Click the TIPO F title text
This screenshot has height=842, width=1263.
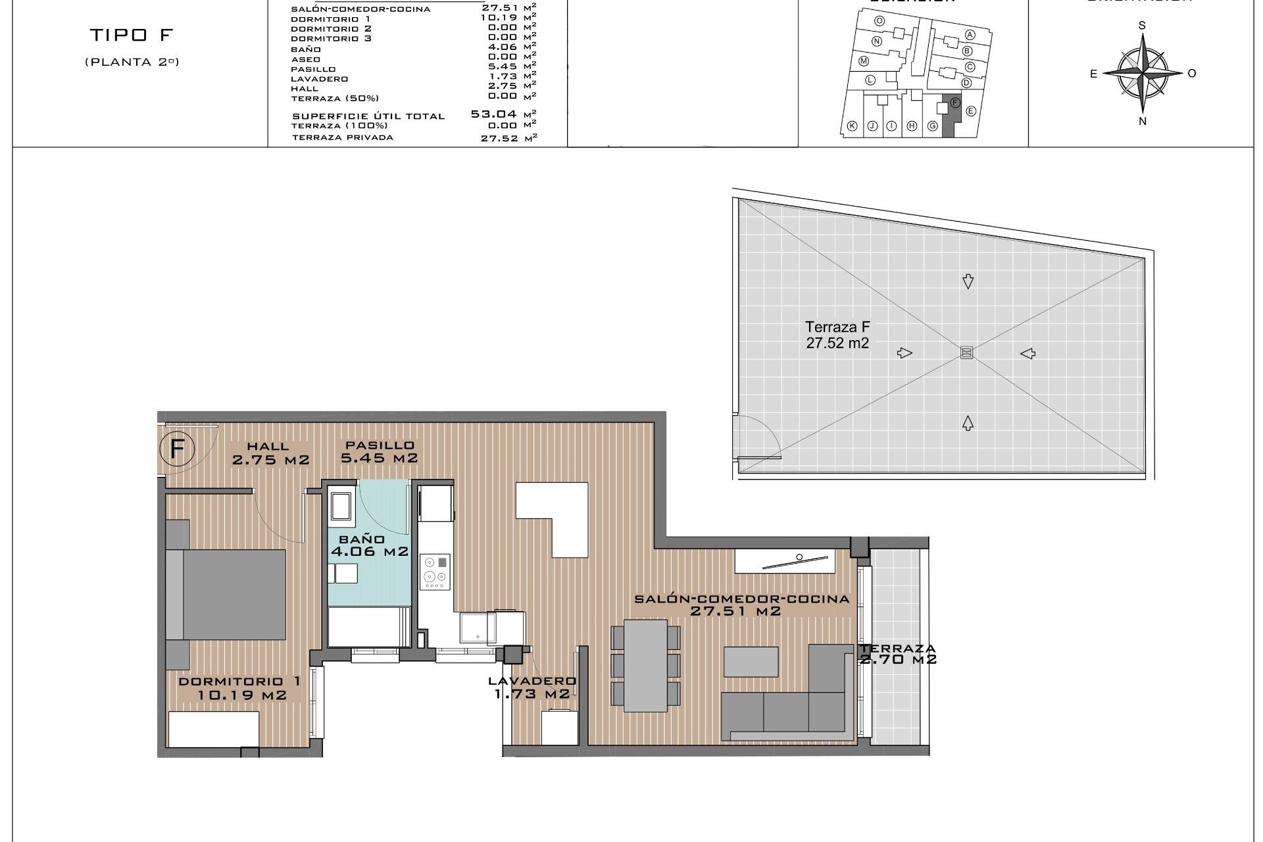point(132,36)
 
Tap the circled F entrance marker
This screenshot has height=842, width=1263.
point(176,449)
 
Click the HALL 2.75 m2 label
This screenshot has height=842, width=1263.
point(270,454)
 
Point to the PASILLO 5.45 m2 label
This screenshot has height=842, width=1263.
point(378,452)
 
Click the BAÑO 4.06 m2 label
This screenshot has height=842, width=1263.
point(369,546)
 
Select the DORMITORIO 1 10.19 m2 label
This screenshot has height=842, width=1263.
point(241,688)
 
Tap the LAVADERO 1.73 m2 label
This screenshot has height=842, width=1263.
point(532,687)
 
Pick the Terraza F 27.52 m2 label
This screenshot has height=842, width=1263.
point(837,334)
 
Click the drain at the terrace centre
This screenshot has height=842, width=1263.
point(966,353)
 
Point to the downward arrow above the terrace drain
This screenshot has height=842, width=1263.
point(967,282)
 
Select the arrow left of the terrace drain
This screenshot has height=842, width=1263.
point(904,353)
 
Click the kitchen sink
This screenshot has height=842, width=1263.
point(477,627)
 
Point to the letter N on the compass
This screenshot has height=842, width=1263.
point(1143,120)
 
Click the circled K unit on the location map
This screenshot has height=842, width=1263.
point(852,126)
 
